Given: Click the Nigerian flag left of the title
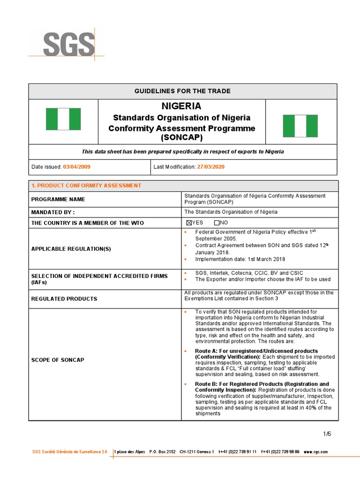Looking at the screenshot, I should point(63,119).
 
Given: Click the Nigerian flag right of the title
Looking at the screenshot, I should point(300,126).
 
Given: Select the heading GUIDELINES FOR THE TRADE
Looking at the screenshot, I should point(183,91).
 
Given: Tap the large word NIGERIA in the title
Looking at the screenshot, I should point(181,106).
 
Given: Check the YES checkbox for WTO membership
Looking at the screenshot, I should point(188,223).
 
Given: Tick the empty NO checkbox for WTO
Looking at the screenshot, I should point(217,223).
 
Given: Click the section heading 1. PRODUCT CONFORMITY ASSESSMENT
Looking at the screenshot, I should point(86,186).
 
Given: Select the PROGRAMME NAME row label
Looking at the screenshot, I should point(58,199).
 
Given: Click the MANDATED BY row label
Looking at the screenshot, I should point(53,212).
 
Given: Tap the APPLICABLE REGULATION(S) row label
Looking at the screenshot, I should point(71,248).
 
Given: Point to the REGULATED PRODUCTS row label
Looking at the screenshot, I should point(64,299).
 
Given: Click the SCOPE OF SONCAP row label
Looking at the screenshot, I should point(58,360).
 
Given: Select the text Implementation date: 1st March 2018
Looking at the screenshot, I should point(240,259).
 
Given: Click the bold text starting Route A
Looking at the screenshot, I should point(256,351).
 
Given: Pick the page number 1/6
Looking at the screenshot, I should point(326,434).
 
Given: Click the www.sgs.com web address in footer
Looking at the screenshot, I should point(315,452).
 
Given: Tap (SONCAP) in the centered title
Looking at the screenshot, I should point(181,138).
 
